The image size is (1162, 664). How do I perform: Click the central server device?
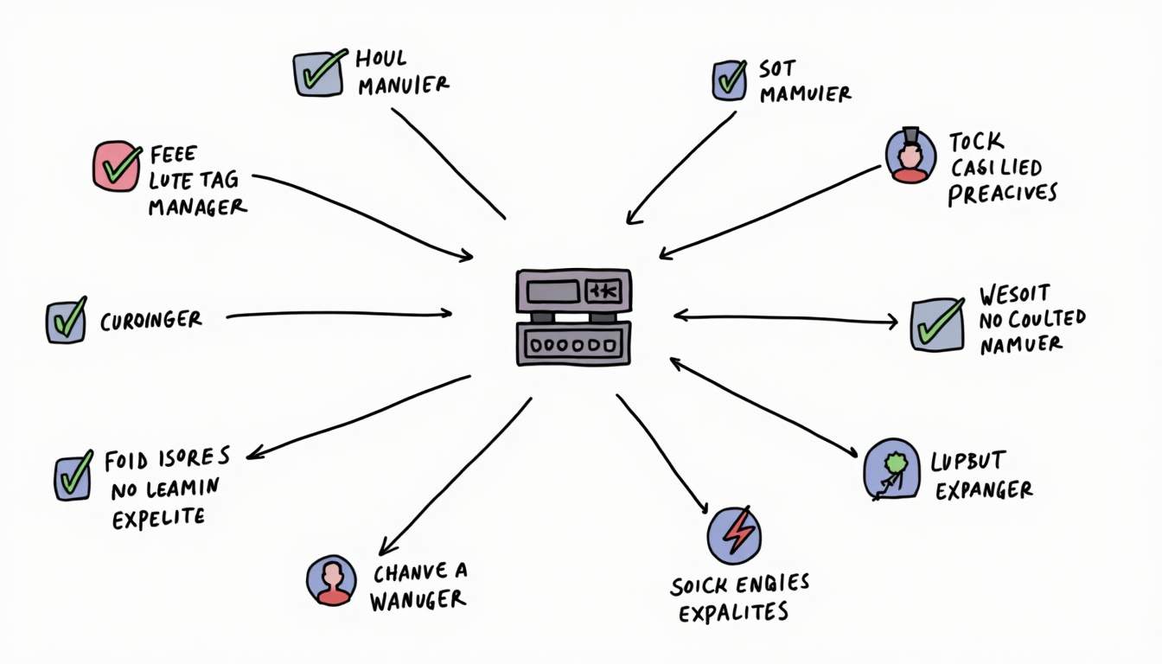[573, 316]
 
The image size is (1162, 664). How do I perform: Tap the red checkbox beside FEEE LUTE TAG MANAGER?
[116, 166]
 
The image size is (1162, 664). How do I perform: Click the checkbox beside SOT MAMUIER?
[730, 80]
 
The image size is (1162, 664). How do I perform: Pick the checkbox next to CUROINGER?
[66, 321]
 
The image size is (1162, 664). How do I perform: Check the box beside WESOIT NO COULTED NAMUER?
[937, 324]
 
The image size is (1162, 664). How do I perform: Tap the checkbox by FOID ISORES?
[73, 476]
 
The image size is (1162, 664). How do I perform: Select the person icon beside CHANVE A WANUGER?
[332, 580]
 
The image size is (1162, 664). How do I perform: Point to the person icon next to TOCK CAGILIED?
[910, 156]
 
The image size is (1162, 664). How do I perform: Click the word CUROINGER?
[150, 321]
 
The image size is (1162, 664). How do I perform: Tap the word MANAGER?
[197, 207]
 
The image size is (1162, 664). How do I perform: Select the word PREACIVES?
[1002, 193]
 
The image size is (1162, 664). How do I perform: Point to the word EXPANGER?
[983, 491]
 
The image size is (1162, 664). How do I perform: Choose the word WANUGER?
[418, 599]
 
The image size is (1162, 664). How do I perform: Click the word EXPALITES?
[733, 612]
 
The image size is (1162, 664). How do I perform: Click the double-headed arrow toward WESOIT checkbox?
[785, 318]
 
